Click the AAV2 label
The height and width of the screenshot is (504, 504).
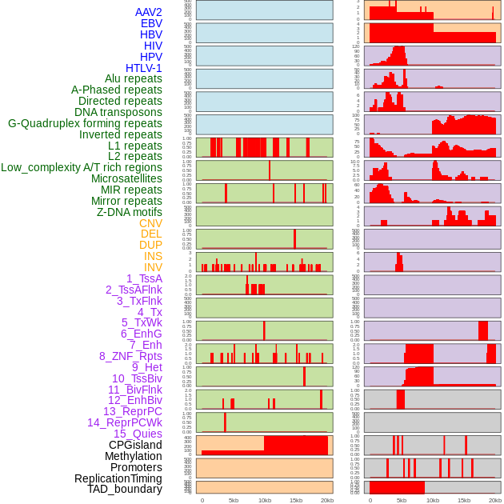click(149, 12)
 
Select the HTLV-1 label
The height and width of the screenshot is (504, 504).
click(144, 68)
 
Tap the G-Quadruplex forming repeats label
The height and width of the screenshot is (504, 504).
click(85, 123)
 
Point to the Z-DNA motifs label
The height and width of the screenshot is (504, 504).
click(130, 212)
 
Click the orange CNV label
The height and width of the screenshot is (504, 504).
click(150, 223)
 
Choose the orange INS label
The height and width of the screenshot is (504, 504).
click(153, 256)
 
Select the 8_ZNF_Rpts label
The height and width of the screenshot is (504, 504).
click(130, 356)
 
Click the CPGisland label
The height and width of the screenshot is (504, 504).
click(135, 445)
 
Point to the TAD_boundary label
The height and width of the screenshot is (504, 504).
click(125, 489)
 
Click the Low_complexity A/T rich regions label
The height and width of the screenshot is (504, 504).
click(82, 167)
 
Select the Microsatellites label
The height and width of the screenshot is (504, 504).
click(126, 178)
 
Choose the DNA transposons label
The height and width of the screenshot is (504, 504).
click(118, 112)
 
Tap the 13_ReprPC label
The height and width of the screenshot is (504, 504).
click(132, 411)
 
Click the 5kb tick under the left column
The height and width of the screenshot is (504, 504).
click(234, 500)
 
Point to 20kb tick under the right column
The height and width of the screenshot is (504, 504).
click(495, 500)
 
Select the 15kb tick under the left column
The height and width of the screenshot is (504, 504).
click(296, 500)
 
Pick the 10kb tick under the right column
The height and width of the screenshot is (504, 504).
click(433, 500)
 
